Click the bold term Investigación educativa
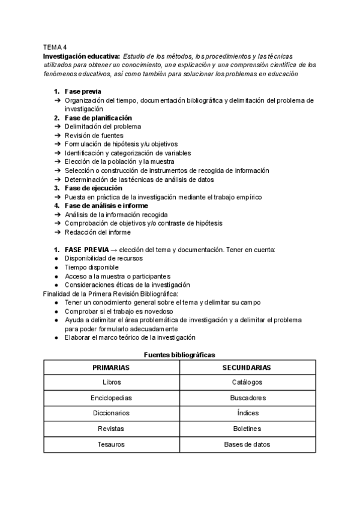[82, 55]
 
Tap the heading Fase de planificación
[98, 118]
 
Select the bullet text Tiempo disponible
[92, 267]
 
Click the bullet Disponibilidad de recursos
[104, 258]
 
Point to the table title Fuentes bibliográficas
[179, 355]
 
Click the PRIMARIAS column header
[111, 367]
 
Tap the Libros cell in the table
[111, 382]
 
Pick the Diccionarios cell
[111, 414]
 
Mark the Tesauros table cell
[111, 445]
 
